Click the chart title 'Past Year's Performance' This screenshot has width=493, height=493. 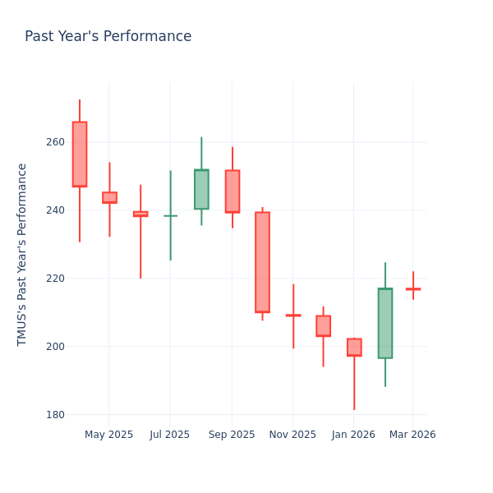click(x=108, y=37)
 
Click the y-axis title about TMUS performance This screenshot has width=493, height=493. click(x=22, y=254)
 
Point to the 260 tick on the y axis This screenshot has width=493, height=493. click(x=54, y=142)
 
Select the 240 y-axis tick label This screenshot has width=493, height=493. click(x=54, y=210)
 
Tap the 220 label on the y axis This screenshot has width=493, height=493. click(x=54, y=279)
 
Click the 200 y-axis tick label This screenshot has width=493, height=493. click(x=54, y=347)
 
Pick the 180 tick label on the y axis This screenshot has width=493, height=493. click(x=54, y=415)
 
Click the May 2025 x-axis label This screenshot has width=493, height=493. click(x=108, y=435)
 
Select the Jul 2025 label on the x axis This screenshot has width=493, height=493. click(x=170, y=435)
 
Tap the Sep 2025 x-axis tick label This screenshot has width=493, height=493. click(x=232, y=435)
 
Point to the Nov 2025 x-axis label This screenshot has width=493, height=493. click(x=293, y=435)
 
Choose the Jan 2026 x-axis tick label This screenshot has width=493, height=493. click(x=354, y=435)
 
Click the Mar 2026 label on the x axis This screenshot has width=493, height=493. click(x=413, y=435)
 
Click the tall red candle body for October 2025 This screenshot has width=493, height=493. click(x=262, y=262)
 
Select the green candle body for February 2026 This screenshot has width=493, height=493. click(x=385, y=323)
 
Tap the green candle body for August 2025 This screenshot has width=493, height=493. click(x=201, y=189)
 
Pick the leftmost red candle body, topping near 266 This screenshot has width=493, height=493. click(x=79, y=154)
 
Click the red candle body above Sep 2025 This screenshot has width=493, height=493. click(x=232, y=191)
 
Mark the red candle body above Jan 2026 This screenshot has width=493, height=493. click(x=354, y=347)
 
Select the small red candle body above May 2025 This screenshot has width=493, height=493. click(x=109, y=197)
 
